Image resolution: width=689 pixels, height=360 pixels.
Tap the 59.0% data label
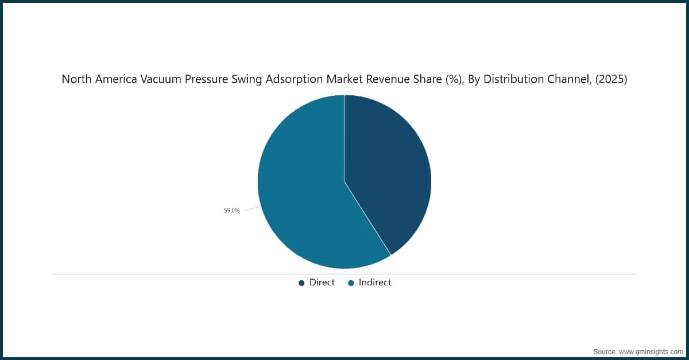231,211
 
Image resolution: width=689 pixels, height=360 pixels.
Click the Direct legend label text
322,282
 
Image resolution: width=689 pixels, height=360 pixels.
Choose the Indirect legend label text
375,282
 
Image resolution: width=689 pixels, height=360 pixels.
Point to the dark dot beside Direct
301,283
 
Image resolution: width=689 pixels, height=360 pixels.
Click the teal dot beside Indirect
351,283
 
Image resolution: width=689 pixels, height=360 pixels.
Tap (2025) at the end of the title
612,80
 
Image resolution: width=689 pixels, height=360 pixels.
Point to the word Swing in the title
246,80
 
